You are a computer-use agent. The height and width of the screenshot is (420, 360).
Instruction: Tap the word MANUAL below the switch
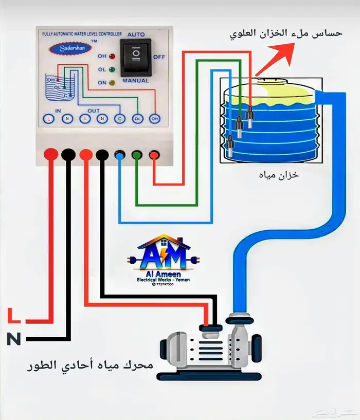[136, 81]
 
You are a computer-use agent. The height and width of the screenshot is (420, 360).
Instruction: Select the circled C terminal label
[119, 119]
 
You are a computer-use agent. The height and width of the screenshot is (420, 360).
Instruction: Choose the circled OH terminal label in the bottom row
[154, 119]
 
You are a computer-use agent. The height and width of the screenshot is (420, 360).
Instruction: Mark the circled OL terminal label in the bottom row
[137, 119]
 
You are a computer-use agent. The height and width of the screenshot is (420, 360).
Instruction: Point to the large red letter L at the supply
[15, 315]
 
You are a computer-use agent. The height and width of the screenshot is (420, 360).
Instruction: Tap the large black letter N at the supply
[14, 339]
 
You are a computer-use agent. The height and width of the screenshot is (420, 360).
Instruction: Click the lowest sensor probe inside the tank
[230, 146]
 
